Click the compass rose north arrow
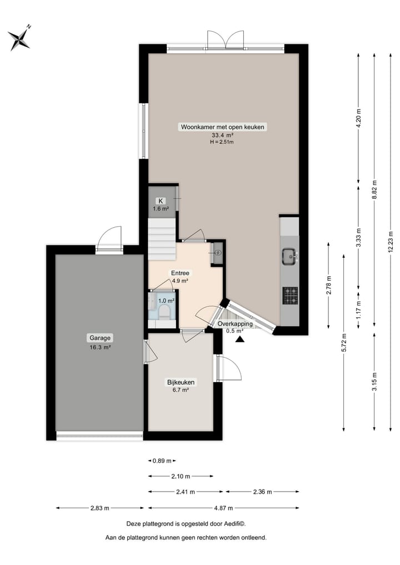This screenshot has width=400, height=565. pos(19,38)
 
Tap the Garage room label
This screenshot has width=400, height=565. pos(101,337)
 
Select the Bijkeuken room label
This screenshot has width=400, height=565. pos(181,382)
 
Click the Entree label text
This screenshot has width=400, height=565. pos(180,273)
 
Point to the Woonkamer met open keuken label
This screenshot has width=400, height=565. pos(223,127)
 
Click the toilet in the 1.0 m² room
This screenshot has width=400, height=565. pos(164,313)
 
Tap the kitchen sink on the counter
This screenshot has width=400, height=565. pos(289,256)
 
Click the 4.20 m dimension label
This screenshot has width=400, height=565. pos(358,118)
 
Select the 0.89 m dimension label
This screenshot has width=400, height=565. pos(162,461)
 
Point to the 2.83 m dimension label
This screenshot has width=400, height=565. pos(100,508)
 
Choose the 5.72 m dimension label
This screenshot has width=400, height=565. pos(344,342)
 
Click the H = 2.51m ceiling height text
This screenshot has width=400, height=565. pos(222,142)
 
